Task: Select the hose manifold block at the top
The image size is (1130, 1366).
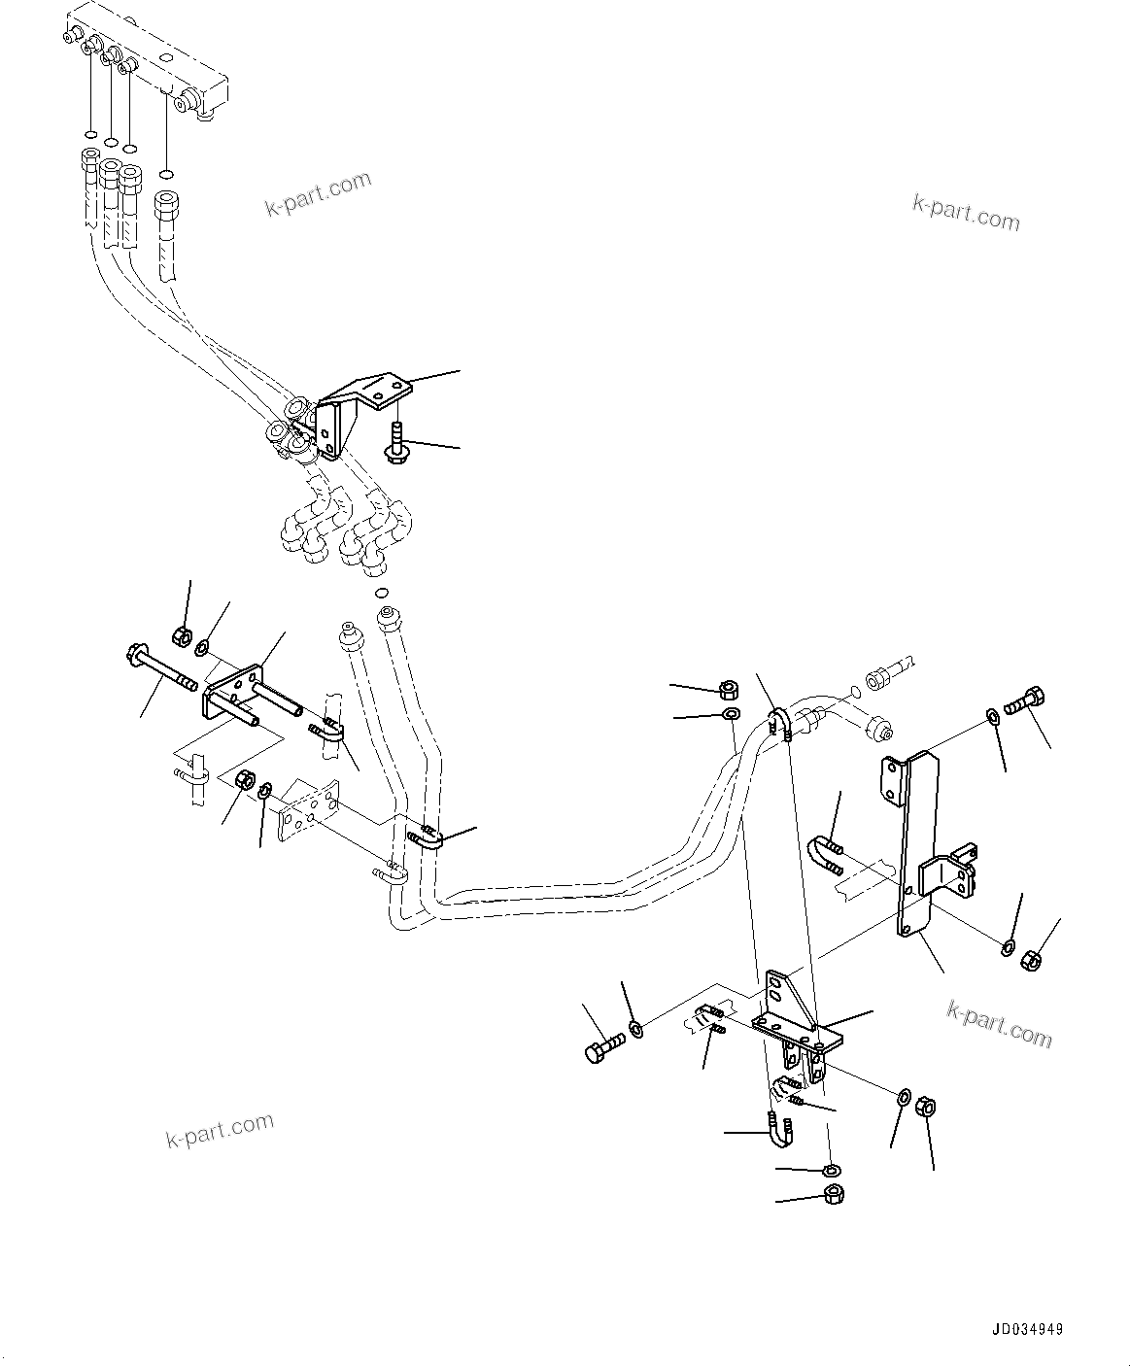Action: tap(155, 68)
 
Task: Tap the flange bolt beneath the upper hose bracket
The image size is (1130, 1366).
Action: tap(396, 445)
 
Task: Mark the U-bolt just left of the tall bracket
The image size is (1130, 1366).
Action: tap(824, 852)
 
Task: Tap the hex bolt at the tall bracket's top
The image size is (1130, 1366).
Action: tap(1026, 700)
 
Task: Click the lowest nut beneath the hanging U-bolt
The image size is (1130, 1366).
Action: tap(834, 1195)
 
